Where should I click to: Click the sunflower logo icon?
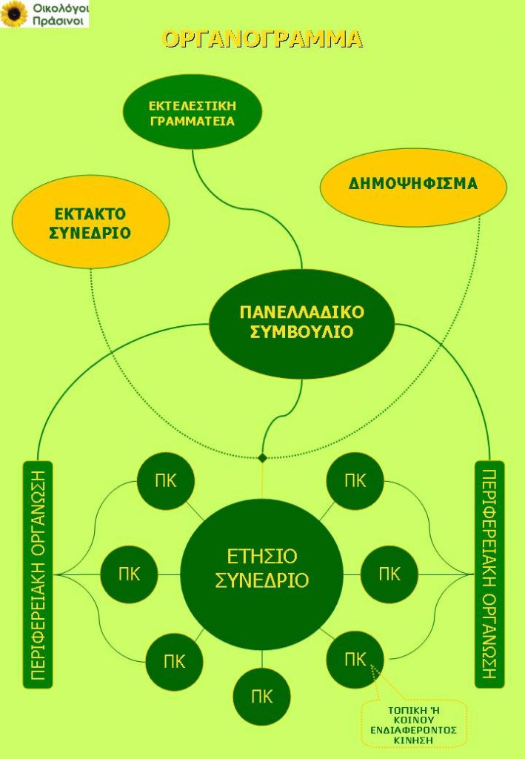click(x=14, y=13)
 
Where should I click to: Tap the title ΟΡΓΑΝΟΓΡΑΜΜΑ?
click(x=262, y=39)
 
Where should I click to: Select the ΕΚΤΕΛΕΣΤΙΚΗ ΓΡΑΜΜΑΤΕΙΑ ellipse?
click(x=193, y=113)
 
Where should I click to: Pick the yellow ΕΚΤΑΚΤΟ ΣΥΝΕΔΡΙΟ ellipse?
click(x=90, y=222)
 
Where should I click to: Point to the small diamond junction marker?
click(x=262, y=457)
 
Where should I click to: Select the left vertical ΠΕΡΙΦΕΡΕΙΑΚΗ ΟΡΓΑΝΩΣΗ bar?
click(x=38, y=574)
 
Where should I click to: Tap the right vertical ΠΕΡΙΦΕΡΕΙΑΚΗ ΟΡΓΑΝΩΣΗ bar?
click(x=489, y=574)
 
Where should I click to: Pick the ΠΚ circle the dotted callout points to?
click(x=355, y=659)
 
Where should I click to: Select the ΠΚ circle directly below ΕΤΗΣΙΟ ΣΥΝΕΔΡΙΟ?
click(x=262, y=697)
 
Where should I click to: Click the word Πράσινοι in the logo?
click(x=58, y=21)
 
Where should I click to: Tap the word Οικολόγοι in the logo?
click(x=61, y=8)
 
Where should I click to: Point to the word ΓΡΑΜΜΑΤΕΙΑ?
click(x=193, y=121)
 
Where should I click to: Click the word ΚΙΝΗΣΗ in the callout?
click(x=412, y=740)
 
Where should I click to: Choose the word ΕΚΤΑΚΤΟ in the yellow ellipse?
click(x=90, y=214)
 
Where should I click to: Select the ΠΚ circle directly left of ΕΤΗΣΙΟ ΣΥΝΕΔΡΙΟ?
click(x=129, y=574)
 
